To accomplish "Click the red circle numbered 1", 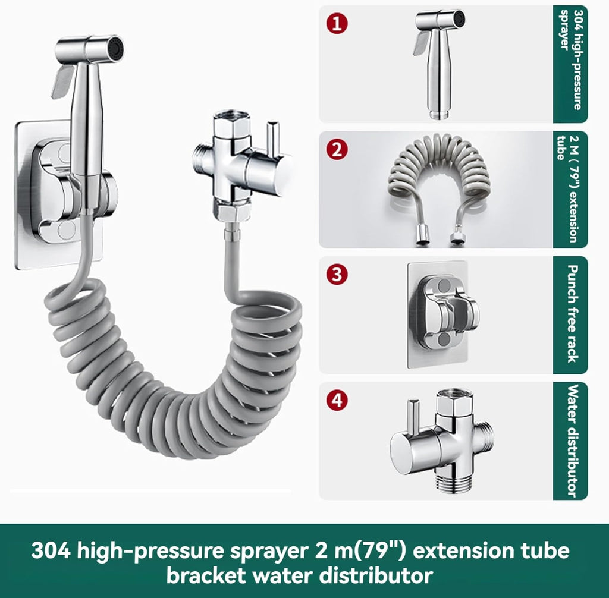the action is [337, 23].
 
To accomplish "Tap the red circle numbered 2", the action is [337, 149].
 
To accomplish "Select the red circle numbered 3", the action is [337, 274].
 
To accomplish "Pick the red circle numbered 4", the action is [337, 399].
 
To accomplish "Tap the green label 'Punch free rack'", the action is [570, 315].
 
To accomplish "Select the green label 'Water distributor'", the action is [570, 440].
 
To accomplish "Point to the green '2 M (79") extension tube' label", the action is [570, 190].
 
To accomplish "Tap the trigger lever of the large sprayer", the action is [62, 81].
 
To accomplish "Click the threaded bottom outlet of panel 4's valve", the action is [454, 484].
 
